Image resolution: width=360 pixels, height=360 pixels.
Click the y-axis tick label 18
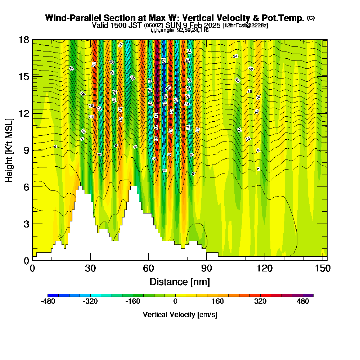coord(24,40)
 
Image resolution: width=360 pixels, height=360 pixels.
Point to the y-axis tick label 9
coord(26,150)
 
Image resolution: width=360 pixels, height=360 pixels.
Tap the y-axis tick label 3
coord(26,224)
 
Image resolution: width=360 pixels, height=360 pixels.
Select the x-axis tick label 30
coord(91,269)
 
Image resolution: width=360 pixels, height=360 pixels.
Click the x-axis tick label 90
coord(207,269)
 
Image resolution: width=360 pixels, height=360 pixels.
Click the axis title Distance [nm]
coord(180,282)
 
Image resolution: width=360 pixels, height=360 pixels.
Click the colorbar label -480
coord(48,301)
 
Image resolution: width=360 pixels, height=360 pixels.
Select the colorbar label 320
coord(260,301)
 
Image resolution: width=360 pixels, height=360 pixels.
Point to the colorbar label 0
coord(175,301)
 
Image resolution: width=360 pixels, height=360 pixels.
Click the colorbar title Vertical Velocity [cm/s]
coord(180,315)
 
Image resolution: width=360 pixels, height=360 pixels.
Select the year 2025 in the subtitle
coord(211,26)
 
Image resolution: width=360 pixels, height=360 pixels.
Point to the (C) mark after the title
coord(311,18)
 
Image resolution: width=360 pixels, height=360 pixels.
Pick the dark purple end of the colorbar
coord(310,295)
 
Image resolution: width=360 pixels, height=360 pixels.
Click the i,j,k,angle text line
coord(180,30)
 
